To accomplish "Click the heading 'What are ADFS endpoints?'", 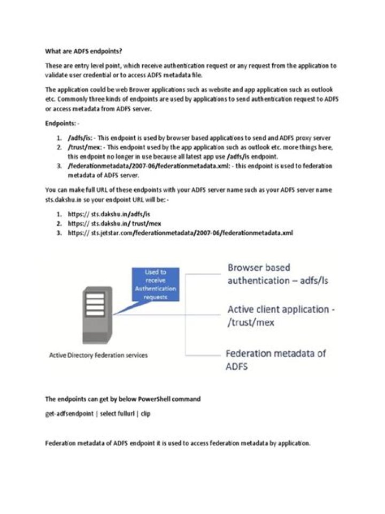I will coord(84,51).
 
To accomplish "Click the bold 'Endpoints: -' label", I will coord(62,123).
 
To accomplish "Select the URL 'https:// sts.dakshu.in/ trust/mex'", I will coord(113,223).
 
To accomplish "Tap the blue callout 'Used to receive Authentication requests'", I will coord(155,284).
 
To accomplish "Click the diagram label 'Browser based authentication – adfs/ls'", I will coord(278,274).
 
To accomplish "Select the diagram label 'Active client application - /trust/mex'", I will coord(278,316).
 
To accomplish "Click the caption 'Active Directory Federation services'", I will coord(98,355).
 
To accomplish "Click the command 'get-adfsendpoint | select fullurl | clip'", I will coord(98,414).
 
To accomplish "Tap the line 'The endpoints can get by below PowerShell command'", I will coord(123,399).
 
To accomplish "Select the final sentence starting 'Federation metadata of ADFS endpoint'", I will coord(178,443).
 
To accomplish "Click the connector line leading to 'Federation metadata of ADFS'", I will coord(203,354).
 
